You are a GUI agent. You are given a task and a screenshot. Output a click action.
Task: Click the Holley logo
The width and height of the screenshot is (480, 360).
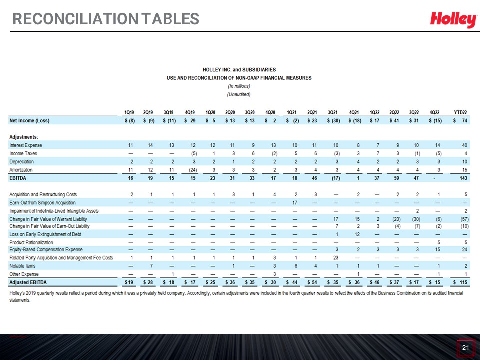pyautogui.click(x=453, y=19)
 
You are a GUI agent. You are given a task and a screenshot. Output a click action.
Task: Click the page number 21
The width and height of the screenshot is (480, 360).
pyautogui.click(x=465, y=347)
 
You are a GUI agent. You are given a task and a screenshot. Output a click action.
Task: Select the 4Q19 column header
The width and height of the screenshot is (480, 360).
pyautogui.click(x=190, y=112)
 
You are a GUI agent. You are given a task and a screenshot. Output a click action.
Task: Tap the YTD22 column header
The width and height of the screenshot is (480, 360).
pyautogui.click(x=460, y=112)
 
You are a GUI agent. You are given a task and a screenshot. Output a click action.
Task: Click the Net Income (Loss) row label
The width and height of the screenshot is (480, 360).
pyautogui.click(x=29, y=121)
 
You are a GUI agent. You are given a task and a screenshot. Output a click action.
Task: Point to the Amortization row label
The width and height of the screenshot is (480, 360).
pyautogui.click(x=21, y=170)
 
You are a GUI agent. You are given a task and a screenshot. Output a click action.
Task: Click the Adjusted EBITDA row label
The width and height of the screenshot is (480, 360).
pyautogui.click(x=28, y=282)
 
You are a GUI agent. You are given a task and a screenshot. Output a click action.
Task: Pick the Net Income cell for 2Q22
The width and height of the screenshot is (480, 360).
pyautogui.click(x=395, y=121)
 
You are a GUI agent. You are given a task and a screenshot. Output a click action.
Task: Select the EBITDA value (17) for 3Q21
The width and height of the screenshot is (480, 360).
pyautogui.click(x=336, y=178)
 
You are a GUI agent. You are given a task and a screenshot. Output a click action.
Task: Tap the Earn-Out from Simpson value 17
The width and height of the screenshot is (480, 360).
pyautogui.click(x=295, y=203)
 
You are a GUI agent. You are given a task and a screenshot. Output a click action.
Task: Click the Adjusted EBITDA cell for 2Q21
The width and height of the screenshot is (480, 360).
pyautogui.click(x=312, y=282)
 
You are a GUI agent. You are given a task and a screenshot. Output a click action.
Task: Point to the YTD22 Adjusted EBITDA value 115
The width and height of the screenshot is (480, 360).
pyautogui.click(x=460, y=282)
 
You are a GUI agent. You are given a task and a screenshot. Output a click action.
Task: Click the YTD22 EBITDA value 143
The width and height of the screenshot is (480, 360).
pyautogui.click(x=463, y=178)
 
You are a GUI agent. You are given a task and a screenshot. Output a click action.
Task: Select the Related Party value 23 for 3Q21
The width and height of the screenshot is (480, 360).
pyautogui.click(x=336, y=258)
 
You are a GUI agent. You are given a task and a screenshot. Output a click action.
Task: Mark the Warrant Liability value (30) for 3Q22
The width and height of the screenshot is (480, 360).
pyautogui.click(x=416, y=219)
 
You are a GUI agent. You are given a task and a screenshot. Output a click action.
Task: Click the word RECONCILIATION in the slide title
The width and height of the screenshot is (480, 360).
pyautogui.click(x=76, y=19)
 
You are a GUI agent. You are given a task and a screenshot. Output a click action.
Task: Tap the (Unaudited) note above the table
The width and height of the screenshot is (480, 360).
pyautogui.click(x=239, y=94)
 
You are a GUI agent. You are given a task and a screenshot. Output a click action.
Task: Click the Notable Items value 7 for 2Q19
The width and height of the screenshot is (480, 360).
pyautogui.click(x=151, y=266)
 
